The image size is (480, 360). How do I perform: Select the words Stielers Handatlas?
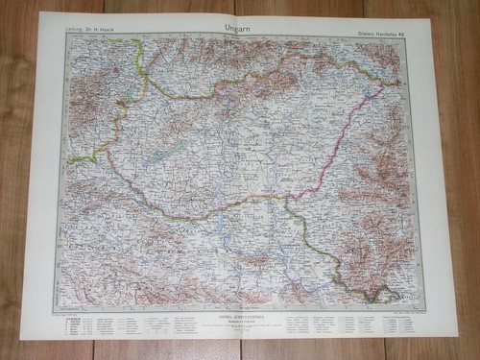386,28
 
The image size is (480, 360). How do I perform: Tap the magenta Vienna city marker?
118,70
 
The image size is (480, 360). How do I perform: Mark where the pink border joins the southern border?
289,198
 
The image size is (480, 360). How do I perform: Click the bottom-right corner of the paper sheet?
443,337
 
